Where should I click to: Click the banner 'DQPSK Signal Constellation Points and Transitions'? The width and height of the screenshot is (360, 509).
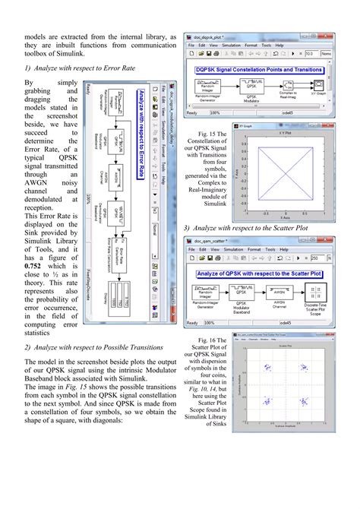[260, 68]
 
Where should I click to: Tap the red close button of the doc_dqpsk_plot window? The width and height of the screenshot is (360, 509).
[326, 36]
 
